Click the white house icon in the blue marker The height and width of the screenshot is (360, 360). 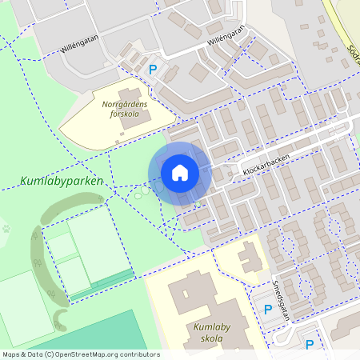(x=180, y=173)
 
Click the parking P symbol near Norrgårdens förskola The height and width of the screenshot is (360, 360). (x=153, y=70)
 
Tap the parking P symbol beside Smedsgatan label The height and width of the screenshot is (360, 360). (x=268, y=310)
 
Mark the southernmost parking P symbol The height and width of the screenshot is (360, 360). (x=310, y=346)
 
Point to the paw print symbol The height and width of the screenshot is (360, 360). (x=7, y=228)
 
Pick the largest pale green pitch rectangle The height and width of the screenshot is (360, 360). (x=96, y=248)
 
